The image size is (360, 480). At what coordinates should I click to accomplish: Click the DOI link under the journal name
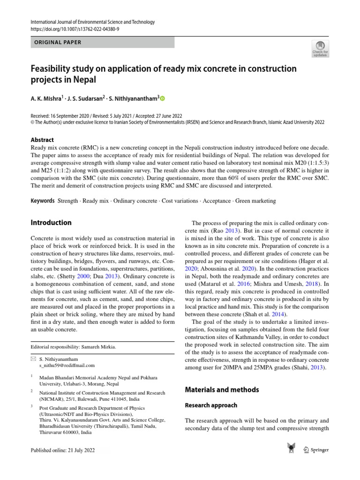click(x=75, y=29)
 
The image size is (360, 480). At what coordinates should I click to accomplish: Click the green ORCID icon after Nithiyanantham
click(x=163, y=98)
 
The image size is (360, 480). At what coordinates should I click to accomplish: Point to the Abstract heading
click(x=42, y=140)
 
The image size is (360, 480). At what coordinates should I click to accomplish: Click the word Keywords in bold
click(x=42, y=201)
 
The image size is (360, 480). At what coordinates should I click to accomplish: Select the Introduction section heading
click(x=51, y=223)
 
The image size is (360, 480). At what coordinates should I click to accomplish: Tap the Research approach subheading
click(x=211, y=405)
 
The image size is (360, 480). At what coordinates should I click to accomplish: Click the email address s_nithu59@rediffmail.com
click(x=67, y=365)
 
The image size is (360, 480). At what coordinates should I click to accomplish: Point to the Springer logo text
click(x=320, y=450)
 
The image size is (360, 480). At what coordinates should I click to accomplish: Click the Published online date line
click(x=62, y=450)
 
